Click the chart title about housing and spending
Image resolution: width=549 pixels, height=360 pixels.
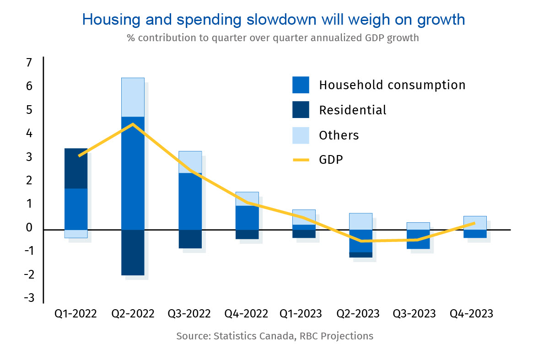click(274, 19)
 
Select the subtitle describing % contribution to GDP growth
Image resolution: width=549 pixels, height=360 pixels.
click(273, 38)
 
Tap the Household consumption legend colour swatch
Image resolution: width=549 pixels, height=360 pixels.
click(301, 85)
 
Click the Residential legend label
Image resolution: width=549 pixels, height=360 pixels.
click(352, 110)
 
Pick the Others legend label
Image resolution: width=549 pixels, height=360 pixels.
click(339, 135)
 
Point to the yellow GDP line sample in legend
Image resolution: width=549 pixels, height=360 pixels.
click(301, 160)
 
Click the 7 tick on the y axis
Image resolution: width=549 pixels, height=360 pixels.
click(29, 63)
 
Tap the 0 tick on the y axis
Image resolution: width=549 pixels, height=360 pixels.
click(29, 228)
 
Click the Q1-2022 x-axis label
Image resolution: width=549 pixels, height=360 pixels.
click(76, 314)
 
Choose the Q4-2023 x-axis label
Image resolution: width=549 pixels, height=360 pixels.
click(472, 314)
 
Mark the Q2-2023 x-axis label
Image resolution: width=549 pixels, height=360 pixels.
click(358, 314)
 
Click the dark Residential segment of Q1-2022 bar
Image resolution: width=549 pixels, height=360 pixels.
click(76, 168)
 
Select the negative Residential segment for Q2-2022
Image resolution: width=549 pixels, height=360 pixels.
click(133, 252)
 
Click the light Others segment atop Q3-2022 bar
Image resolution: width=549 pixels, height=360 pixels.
click(190, 162)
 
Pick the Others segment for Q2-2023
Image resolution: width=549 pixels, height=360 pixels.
click(361, 221)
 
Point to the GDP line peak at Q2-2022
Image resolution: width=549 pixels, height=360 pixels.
click(133, 124)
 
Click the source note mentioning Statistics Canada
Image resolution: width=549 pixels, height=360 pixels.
click(274, 336)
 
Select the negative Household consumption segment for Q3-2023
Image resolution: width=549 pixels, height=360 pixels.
click(418, 239)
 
